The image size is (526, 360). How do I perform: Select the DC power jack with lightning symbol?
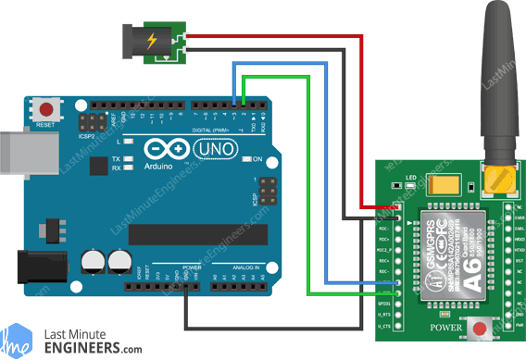click(x=152, y=40)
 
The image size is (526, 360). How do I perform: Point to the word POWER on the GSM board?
click(x=445, y=328)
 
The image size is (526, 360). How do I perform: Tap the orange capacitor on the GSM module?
click(x=439, y=184)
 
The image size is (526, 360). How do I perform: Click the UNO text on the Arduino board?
click(x=221, y=145)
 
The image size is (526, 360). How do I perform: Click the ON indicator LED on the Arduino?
click(x=245, y=160)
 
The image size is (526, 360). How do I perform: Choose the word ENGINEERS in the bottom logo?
click(x=85, y=349)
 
